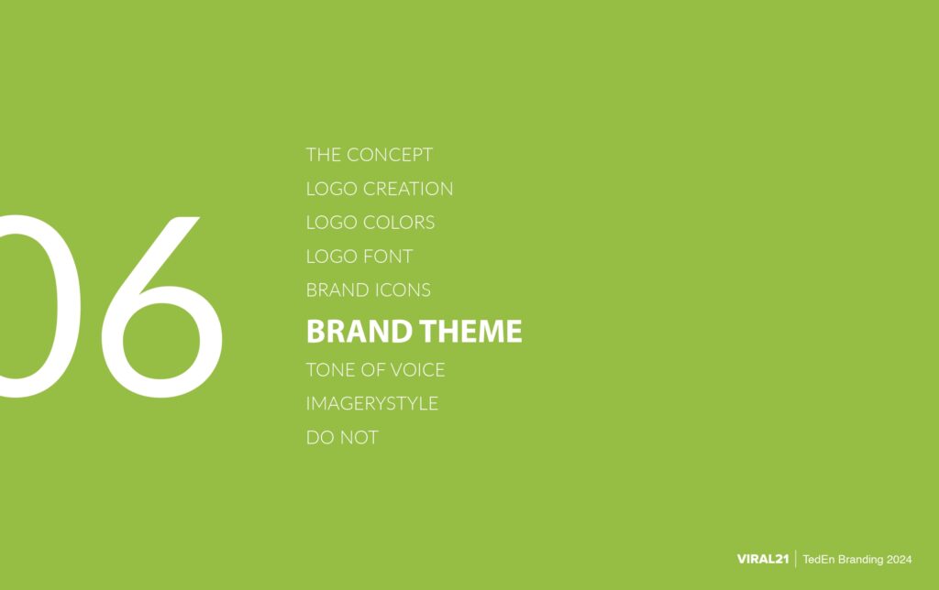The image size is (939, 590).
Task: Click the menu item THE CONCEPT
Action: pos(369,155)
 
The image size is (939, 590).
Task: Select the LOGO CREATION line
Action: pos(379,189)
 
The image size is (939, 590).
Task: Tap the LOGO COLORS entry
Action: pos(370,223)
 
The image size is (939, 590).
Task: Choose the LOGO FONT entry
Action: pos(359,257)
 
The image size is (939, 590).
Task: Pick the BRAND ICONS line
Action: pos(368,290)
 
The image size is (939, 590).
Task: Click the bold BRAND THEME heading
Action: pos(414,331)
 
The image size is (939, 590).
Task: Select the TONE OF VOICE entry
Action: pos(375,370)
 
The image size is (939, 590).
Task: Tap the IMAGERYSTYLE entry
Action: pos(371,404)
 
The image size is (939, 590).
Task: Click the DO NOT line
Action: pos(341,438)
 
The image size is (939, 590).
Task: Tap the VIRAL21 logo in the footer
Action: pos(763,559)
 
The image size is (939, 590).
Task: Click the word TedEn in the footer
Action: pos(818,559)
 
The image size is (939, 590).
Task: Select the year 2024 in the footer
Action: pos(899,559)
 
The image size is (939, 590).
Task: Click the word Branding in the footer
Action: pos(858,559)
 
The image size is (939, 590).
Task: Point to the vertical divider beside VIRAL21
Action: pos(795,559)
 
